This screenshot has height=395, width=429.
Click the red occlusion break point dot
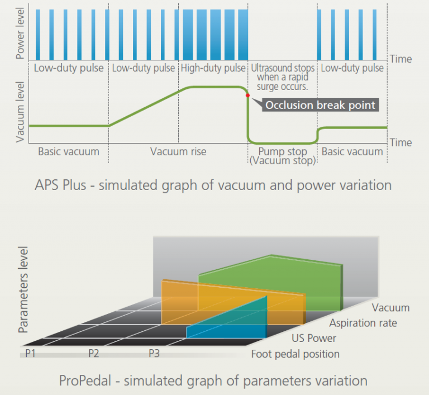point(247,96)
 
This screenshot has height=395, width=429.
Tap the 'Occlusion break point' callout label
point(321,105)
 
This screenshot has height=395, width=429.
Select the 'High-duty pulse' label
point(213,68)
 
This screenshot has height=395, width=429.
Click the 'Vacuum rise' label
point(178,151)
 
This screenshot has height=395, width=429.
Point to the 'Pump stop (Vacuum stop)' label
point(283,156)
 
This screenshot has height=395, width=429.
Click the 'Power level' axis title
point(20,34)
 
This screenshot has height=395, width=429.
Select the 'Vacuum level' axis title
point(20,112)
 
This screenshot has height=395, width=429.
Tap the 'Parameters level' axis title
point(23,289)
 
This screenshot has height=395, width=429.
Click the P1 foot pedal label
point(30,353)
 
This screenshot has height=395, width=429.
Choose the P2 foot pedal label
point(94,353)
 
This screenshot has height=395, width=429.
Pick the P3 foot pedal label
point(154,353)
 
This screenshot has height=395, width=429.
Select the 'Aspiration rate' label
point(363,323)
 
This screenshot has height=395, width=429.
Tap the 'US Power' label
point(314,339)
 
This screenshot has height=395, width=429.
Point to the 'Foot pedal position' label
point(295,354)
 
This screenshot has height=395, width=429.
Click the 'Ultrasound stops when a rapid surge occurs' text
point(283,77)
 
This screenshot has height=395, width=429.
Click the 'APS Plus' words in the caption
point(60,185)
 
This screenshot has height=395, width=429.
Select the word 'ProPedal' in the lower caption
point(85,381)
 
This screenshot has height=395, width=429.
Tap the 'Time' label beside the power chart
point(401,59)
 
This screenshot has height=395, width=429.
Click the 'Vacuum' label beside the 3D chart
point(390,308)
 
